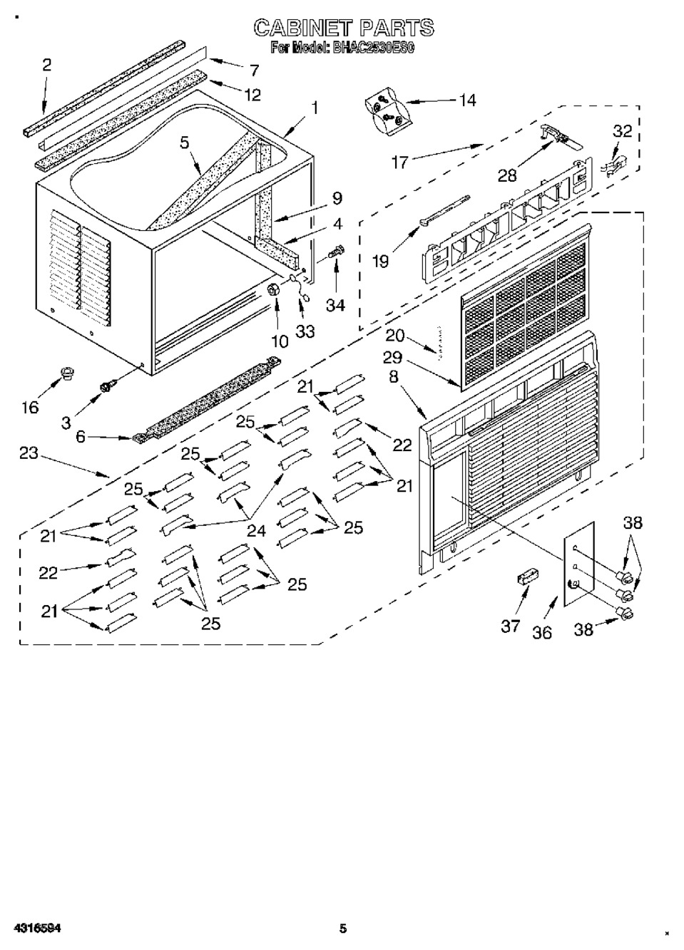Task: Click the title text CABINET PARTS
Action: point(344,28)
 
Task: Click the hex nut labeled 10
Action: point(274,289)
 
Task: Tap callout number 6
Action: point(81,438)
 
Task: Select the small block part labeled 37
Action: point(527,578)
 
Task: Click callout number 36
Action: point(542,632)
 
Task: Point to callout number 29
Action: point(392,358)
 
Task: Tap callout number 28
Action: point(507,175)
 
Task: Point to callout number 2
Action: point(46,65)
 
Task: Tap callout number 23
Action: point(29,453)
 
